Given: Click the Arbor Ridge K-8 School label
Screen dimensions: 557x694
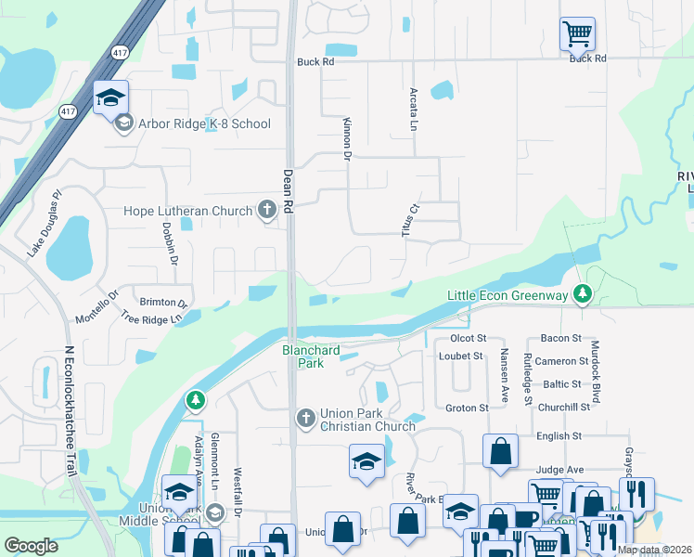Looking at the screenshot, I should point(204,123).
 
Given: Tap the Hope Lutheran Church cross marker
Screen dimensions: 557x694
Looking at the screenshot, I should point(267,210).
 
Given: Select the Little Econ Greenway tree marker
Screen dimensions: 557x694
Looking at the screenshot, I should point(582,294).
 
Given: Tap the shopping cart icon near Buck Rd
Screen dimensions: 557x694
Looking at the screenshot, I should point(577,35).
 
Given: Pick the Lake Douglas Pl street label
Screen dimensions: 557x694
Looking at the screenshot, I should point(44,223).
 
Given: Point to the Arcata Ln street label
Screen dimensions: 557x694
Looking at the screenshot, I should point(414,109).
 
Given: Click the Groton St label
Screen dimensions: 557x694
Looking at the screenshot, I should point(467,408).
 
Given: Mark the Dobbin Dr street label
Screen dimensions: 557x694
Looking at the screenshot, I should point(170,245).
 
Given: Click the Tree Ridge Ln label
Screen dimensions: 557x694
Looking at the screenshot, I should point(151,317).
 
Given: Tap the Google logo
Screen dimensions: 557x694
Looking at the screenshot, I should point(31,546).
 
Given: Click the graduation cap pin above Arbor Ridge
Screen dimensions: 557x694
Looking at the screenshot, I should point(110,97).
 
